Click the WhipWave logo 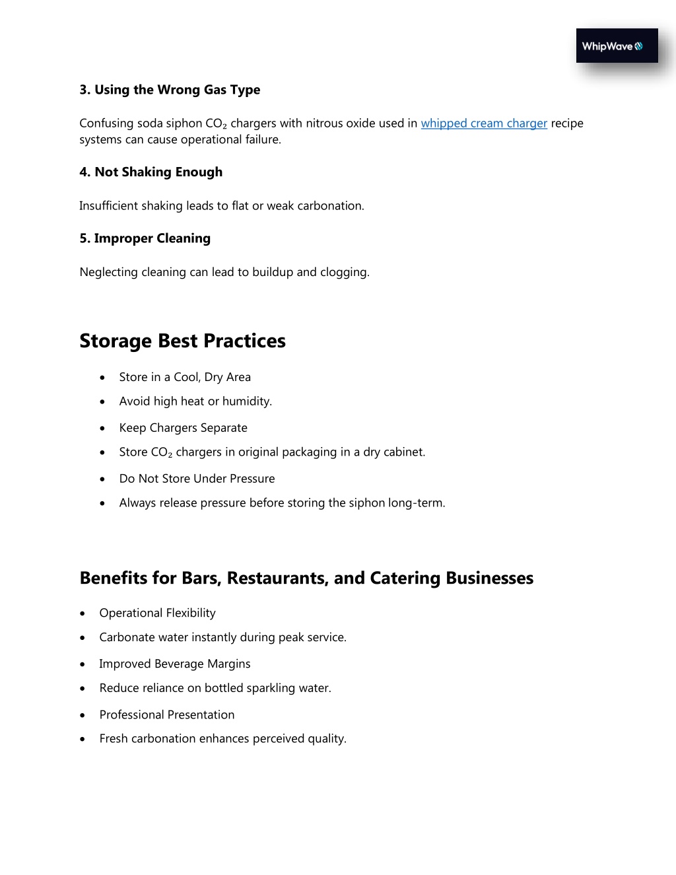pyautogui.click(x=617, y=46)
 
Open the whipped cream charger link pyautogui.click(x=484, y=123)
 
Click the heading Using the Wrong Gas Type pyautogui.click(x=170, y=90)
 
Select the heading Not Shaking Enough pyautogui.click(x=151, y=172)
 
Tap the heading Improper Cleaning pyautogui.click(x=145, y=238)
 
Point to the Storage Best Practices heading pyautogui.click(x=182, y=341)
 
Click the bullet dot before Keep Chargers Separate pyautogui.click(x=102, y=429)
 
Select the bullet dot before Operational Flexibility pyautogui.click(x=83, y=613)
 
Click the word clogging pyautogui.click(x=345, y=272)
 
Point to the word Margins pyautogui.click(x=228, y=664)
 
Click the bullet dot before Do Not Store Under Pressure pyautogui.click(x=102, y=479)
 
